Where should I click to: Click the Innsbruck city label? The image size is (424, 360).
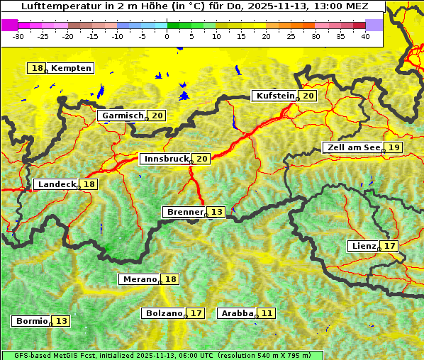pyautogui.click(x=165, y=159)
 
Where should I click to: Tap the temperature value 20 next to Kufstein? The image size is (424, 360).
pyautogui.click(x=308, y=96)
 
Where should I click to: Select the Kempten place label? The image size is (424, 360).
pyautogui.click(x=71, y=68)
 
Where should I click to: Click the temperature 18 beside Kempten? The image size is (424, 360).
pyautogui.click(x=38, y=68)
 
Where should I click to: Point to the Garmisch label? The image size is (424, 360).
pyautogui.click(x=123, y=116)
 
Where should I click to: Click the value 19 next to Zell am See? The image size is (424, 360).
pyautogui.click(x=394, y=147)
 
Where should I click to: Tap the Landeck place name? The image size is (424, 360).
pyautogui.click(x=57, y=184)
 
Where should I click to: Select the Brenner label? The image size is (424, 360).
pyautogui.click(x=185, y=212)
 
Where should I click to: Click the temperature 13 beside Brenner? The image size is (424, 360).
pyautogui.click(x=216, y=212)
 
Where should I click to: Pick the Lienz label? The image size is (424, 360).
pyautogui.click(x=364, y=246)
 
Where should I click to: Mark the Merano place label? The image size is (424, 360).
pyautogui.click(x=139, y=279)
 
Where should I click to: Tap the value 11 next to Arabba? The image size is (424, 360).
pyautogui.click(x=266, y=313)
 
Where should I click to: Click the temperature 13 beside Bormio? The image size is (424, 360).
pyautogui.click(x=62, y=321)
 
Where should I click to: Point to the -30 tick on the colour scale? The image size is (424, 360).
pyautogui.click(x=18, y=35)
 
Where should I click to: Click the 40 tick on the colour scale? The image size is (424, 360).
pyautogui.click(x=365, y=35)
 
